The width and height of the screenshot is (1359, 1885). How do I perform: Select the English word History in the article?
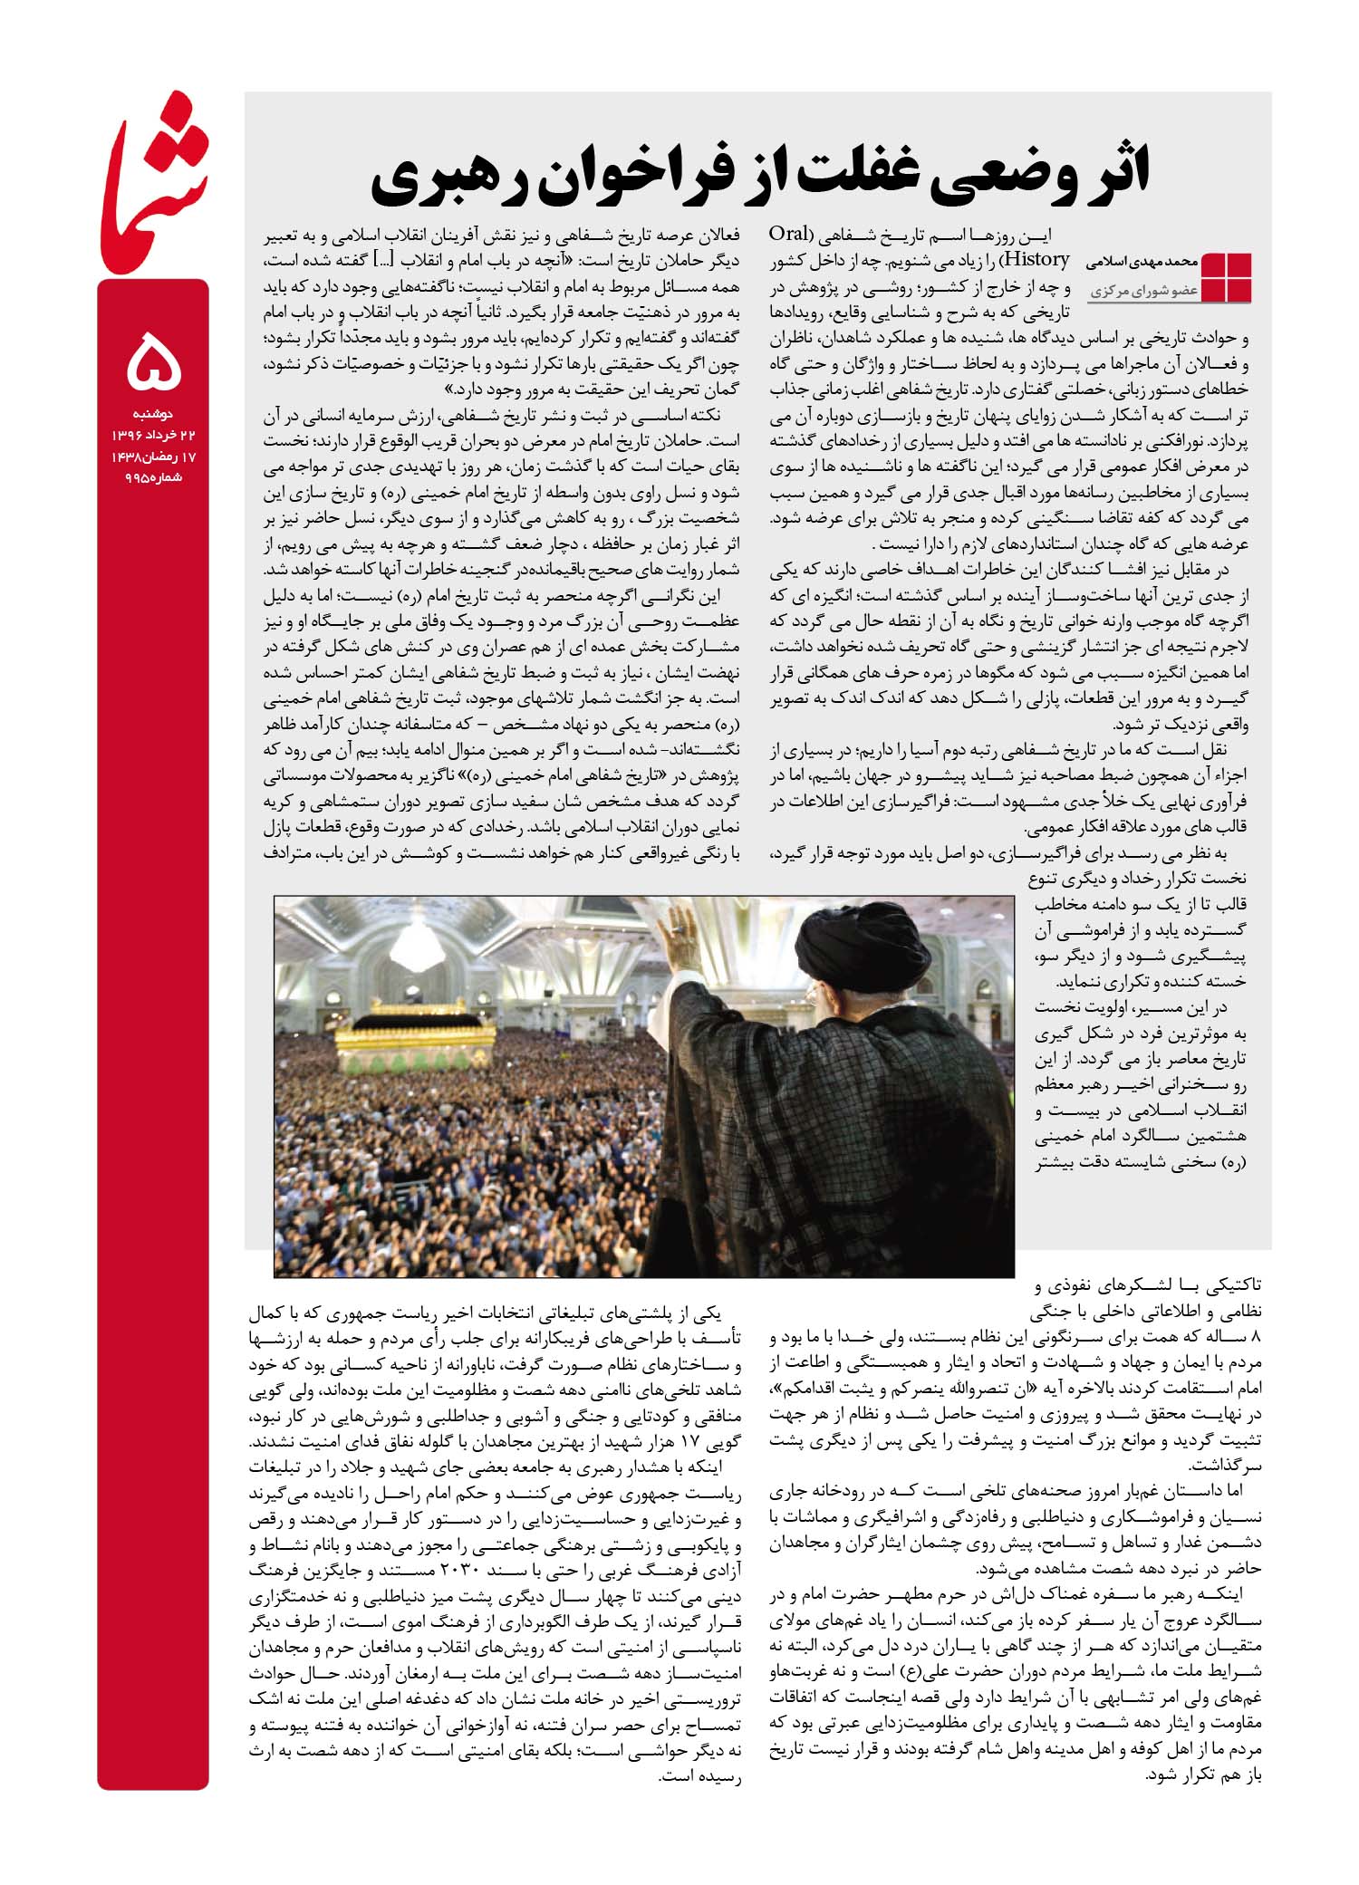pos(1034,260)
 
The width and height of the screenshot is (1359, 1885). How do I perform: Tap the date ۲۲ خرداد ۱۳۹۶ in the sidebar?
pos(154,436)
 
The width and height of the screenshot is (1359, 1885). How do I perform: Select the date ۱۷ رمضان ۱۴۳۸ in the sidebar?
pos(154,457)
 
